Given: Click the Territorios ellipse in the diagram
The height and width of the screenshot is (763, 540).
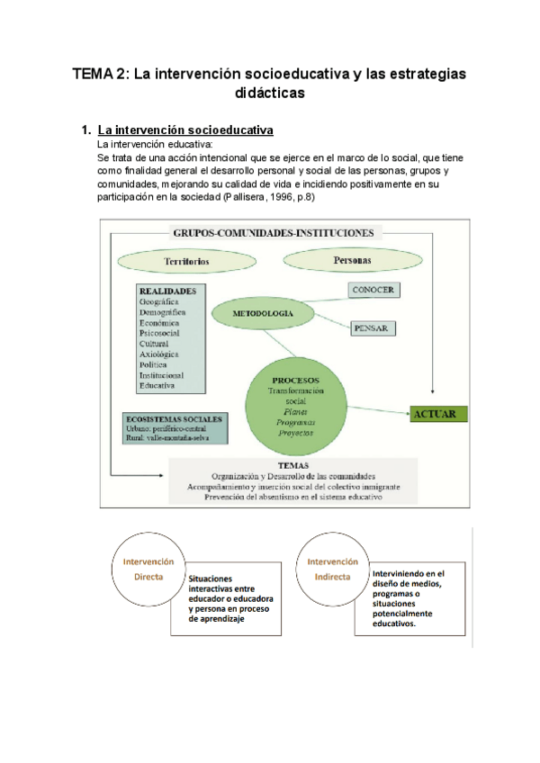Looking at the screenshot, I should [x=187, y=262].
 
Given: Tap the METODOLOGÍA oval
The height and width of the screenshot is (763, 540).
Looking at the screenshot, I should [x=261, y=314].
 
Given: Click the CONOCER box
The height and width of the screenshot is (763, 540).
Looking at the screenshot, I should [x=373, y=290].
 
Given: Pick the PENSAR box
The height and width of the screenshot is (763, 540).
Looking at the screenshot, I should [x=371, y=328].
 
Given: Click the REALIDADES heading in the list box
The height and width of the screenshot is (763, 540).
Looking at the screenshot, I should [x=168, y=291].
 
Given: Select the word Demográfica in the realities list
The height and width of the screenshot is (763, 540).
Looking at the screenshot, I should [x=164, y=312].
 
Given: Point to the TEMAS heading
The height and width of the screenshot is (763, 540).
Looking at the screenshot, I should [x=292, y=465].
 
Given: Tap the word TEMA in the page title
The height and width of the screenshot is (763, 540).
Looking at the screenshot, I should [x=93, y=76].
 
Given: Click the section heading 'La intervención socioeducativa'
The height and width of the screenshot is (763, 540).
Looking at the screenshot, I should [x=185, y=130].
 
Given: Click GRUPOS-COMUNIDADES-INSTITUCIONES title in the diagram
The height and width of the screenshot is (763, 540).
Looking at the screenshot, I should [x=272, y=231].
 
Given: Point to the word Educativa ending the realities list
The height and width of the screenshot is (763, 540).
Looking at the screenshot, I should [x=158, y=386].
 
